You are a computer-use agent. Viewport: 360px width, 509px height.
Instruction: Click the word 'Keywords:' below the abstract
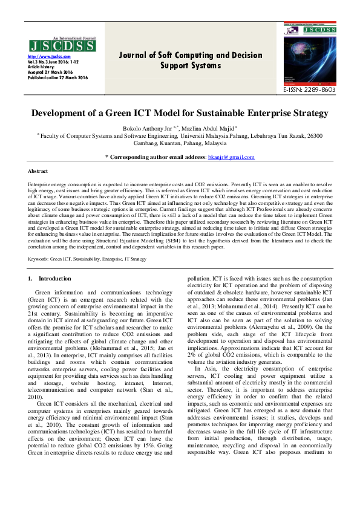(39, 258)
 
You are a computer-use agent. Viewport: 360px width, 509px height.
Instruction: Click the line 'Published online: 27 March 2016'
(58, 78)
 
